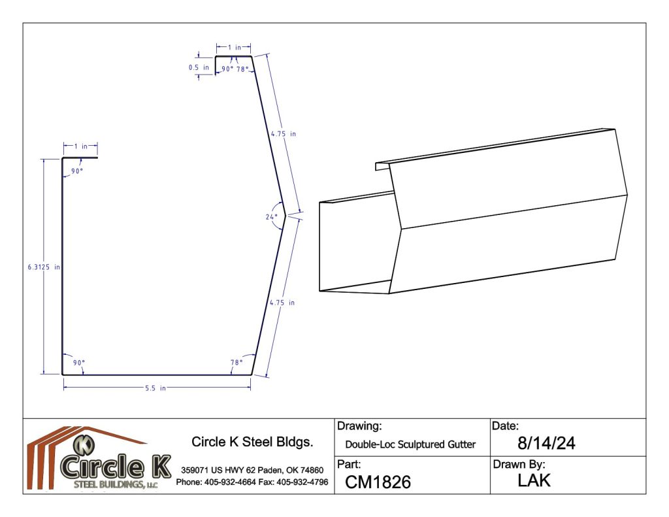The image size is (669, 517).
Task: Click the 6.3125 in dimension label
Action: tap(44, 267)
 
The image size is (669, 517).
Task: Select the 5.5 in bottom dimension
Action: tap(155, 388)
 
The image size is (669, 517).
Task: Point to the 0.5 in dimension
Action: tap(199, 67)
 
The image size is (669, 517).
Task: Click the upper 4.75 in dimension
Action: tap(284, 133)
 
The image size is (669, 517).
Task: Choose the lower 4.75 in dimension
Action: tap(282, 303)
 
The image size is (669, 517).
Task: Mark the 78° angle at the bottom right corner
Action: tap(237, 363)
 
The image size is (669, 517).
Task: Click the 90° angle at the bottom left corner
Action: tap(79, 363)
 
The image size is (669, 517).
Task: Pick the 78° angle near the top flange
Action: tap(242, 69)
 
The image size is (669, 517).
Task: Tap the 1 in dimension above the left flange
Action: tap(80, 146)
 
